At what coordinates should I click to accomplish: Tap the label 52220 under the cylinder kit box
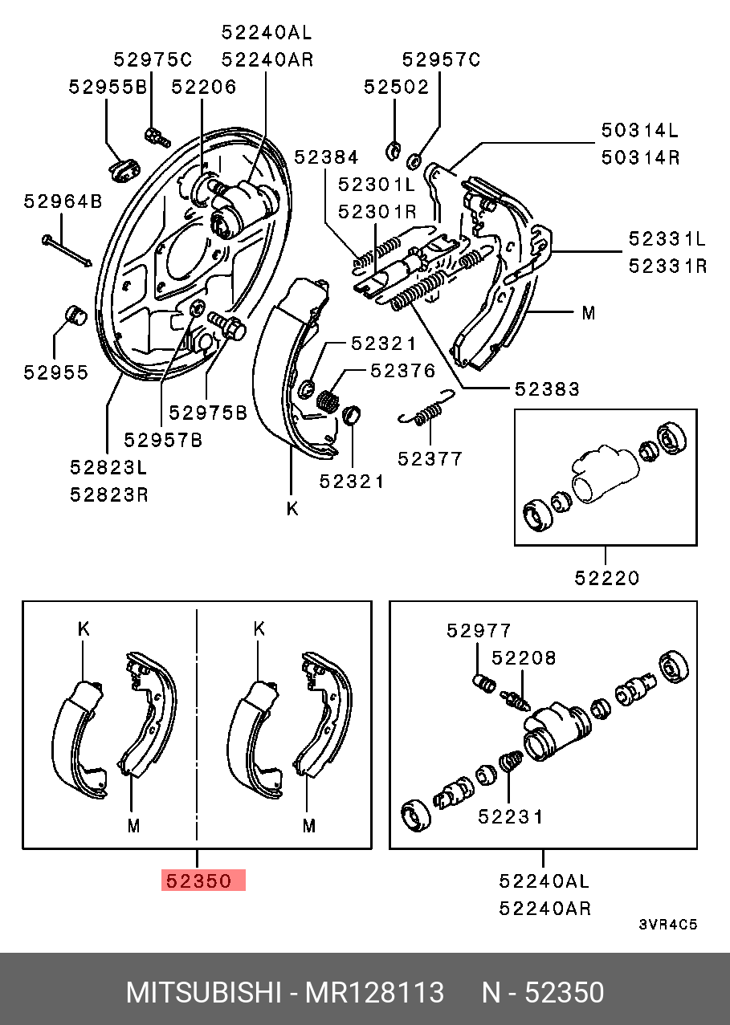(x=607, y=577)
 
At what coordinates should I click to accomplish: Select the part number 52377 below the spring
(x=430, y=458)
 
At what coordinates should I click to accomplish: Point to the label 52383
(x=547, y=388)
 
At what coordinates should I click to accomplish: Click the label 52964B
(x=63, y=201)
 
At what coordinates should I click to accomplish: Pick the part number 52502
(x=397, y=87)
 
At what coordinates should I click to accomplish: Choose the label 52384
(x=326, y=157)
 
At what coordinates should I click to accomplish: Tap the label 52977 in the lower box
(x=479, y=631)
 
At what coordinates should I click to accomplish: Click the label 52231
(x=511, y=816)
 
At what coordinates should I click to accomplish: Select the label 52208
(x=524, y=658)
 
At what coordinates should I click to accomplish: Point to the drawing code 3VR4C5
(x=668, y=924)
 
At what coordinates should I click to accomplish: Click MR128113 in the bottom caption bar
(x=373, y=993)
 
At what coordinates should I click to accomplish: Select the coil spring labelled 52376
(x=328, y=399)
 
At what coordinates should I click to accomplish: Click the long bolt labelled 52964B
(x=67, y=249)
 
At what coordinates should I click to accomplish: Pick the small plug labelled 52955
(x=75, y=315)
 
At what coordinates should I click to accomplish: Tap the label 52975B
(x=208, y=413)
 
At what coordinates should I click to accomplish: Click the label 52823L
(x=108, y=467)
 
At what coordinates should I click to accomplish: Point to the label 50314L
(x=640, y=130)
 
